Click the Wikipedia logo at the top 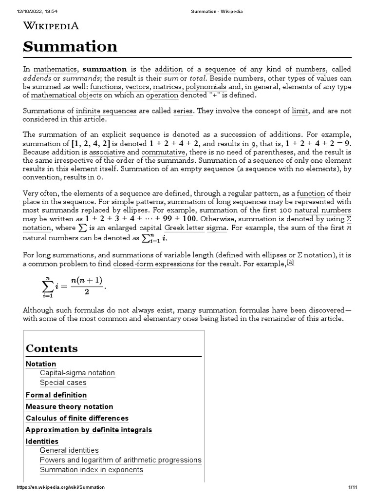point(51,26)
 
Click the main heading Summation point(70,47)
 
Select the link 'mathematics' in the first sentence point(55,69)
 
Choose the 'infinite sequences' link point(106,111)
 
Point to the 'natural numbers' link point(322,211)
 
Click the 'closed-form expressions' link point(153,264)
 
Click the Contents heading point(52,348)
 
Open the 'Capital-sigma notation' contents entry point(77,373)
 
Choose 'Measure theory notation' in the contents point(69,406)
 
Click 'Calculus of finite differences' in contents point(77,418)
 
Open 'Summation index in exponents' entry point(92,470)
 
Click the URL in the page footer point(60,487)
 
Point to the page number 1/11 point(353,487)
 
